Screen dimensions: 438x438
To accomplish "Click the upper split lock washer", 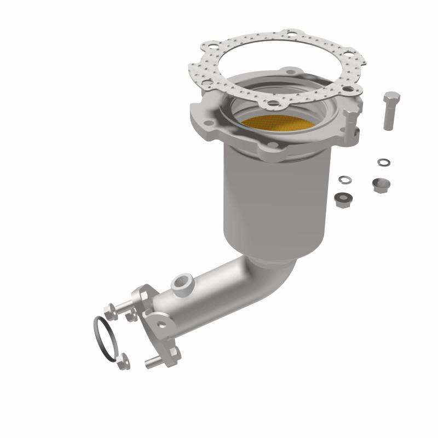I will (384, 162).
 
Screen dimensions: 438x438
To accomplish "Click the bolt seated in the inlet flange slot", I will (350, 124).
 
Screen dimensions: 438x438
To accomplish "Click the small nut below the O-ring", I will (123, 360).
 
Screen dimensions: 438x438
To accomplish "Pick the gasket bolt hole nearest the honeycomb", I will (272, 103).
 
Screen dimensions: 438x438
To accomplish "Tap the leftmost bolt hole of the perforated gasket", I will (208, 84).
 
